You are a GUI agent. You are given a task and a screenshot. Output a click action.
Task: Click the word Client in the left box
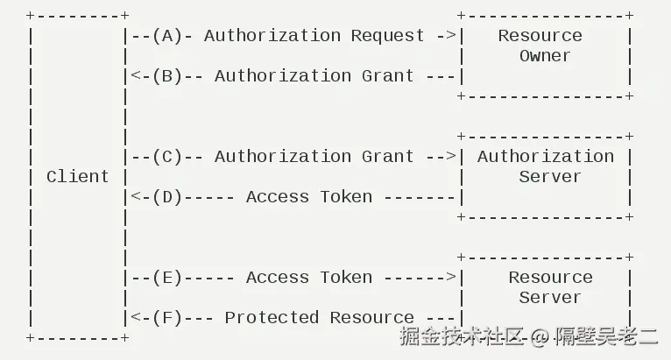(x=77, y=177)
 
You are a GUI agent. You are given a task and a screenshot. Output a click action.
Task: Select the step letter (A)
(x=166, y=36)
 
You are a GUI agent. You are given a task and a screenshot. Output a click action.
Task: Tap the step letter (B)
(x=166, y=76)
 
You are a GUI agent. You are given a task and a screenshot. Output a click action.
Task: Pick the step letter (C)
(x=166, y=157)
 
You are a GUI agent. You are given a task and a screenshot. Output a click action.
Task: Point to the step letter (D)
(x=166, y=197)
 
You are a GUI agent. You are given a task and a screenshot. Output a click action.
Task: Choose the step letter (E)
(x=166, y=278)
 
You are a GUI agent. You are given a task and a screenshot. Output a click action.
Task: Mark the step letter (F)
(x=166, y=318)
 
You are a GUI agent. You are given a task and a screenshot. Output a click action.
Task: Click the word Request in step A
(x=387, y=36)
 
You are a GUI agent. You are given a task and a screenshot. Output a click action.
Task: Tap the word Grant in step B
(x=387, y=76)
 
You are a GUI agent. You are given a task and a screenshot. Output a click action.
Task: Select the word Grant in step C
(x=387, y=157)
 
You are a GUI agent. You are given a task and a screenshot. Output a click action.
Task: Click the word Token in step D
(x=346, y=197)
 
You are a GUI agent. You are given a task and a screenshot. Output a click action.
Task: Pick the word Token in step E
(x=346, y=278)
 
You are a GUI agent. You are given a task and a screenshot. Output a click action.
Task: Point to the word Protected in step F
(x=272, y=318)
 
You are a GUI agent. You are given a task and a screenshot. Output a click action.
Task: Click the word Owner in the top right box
(x=545, y=56)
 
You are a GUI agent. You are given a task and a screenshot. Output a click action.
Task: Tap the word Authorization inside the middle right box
(x=545, y=157)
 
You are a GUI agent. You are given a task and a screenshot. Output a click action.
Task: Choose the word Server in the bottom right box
(x=550, y=298)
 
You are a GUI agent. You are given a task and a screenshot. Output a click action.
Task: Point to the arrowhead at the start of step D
(x=134, y=197)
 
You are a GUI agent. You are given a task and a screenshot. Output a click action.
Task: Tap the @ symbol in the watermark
(x=540, y=336)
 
